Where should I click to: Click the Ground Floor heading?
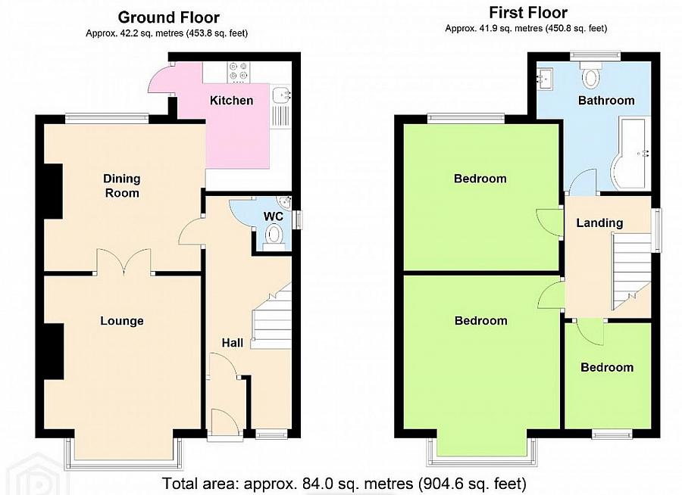click(x=168, y=17)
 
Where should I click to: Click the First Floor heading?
click(x=527, y=13)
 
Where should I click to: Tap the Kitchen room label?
click(x=231, y=101)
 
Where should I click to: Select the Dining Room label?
click(x=122, y=186)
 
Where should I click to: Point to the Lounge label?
click(x=122, y=321)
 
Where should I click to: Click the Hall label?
click(x=232, y=343)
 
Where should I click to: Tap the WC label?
click(x=273, y=216)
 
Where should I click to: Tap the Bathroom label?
click(x=605, y=101)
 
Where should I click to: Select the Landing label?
click(x=599, y=223)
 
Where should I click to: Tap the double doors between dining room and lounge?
click(x=125, y=261)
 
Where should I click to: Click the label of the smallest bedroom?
click(x=606, y=367)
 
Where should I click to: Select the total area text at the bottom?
click(x=344, y=482)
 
